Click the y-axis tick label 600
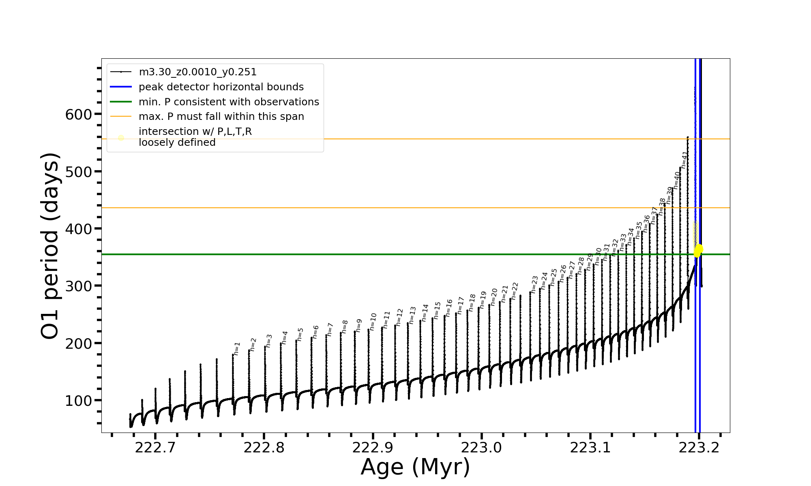[x=78, y=115]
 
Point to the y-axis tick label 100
[x=78, y=401]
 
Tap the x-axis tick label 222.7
[x=155, y=448]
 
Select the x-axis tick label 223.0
[x=481, y=448]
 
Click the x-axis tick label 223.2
[x=699, y=448]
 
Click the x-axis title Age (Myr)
[x=415, y=467]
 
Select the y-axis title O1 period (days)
[x=50, y=246]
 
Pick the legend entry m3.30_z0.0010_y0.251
[x=197, y=72]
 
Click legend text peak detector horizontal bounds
[x=221, y=87]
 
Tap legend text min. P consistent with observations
[x=229, y=102]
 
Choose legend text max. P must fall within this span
[x=221, y=117]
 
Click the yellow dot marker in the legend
[x=121, y=138]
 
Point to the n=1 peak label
[x=237, y=348]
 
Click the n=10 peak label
[x=373, y=321]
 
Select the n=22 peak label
[x=515, y=291]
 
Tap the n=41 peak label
[x=684, y=160]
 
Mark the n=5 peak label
[x=300, y=334]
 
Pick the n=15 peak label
[x=437, y=310]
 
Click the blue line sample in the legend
[x=121, y=87]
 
